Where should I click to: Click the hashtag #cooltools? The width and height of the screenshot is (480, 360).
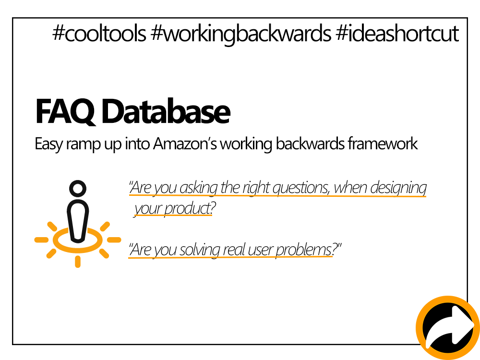click(x=99, y=34)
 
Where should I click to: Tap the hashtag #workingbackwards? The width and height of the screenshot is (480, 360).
click(x=241, y=35)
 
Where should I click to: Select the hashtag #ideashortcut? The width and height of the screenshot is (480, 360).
click(x=397, y=34)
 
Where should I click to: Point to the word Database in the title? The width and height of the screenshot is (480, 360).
click(x=166, y=112)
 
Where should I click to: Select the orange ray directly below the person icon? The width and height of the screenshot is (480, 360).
click(x=77, y=261)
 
